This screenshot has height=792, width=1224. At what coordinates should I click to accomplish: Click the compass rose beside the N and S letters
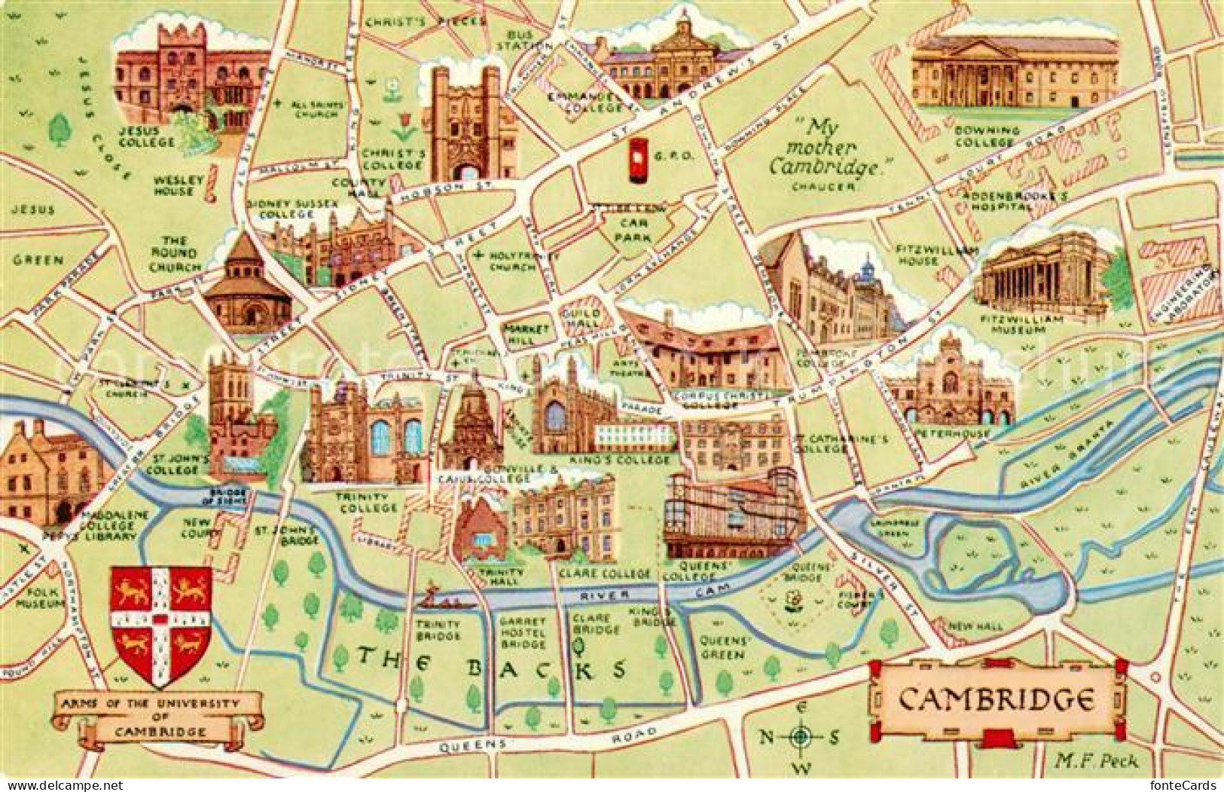point(802,737)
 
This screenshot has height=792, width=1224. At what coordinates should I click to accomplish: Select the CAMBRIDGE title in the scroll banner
point(996,700)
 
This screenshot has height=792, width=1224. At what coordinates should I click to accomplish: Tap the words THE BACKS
point(492,666)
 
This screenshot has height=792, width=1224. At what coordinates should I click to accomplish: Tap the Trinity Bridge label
point(437,630)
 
